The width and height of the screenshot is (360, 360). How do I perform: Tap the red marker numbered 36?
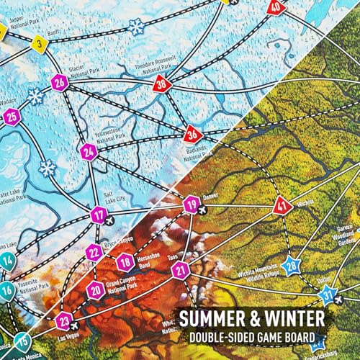(x=191, y=134)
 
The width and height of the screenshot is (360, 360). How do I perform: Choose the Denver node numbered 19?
(x=190, y=207)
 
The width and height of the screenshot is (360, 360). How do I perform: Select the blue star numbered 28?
(x=291, y=266)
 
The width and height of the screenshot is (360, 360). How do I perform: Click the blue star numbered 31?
(x=328, y=294)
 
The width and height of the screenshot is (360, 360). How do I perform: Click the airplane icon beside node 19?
(x=204, y=210)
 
